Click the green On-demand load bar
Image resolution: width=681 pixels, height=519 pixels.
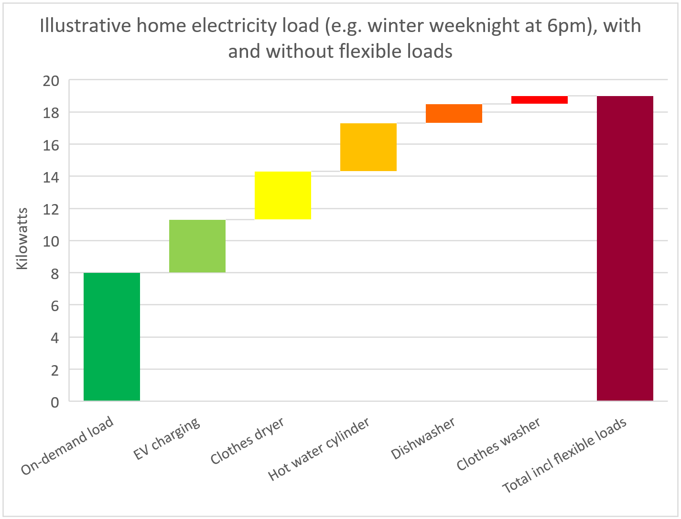[x=112, y=336]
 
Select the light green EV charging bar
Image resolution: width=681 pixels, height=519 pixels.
[x=197, y=246]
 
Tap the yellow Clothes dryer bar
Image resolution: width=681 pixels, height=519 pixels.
[x=283, y=195]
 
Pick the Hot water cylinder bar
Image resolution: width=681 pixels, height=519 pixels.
[x=368, y=147]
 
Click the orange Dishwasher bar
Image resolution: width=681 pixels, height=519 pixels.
[x=454, y=113]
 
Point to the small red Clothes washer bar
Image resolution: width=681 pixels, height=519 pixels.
[x=540, y=100]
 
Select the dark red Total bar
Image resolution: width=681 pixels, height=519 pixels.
[x=625, y=248]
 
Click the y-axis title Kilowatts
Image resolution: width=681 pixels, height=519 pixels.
[x=22, y=238]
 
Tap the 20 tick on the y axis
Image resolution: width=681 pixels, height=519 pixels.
[x=51, y=81]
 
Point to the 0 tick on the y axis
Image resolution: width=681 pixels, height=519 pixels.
[x=55, y=402]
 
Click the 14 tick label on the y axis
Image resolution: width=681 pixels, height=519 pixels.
[x=51, y=177]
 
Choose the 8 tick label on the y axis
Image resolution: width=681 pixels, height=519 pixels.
[x=55, y=274]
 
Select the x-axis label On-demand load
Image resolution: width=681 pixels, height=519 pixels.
[x=68, y=445]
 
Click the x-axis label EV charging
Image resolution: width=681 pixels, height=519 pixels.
[x=167, y=438]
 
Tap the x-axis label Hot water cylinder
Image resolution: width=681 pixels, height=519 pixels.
[x=319, y=449]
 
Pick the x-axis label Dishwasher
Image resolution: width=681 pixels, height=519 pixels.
[x=423, y=438]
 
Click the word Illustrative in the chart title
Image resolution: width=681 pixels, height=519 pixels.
[x=85, y=26]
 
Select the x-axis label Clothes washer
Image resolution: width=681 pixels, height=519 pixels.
[x=498, y=443]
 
